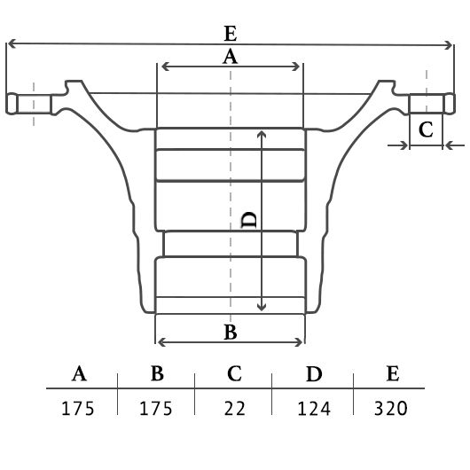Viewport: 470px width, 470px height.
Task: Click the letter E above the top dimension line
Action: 231,34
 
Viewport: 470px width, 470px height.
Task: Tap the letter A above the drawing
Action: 230,57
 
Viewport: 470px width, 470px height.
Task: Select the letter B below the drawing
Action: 231,333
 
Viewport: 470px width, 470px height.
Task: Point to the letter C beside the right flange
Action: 426,129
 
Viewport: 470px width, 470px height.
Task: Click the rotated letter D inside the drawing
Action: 249,220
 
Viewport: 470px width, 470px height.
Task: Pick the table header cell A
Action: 79,373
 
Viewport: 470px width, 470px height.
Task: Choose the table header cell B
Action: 157,373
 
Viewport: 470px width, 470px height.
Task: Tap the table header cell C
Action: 234,373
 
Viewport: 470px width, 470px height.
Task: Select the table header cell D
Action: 314,373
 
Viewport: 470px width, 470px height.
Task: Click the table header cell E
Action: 393,373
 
